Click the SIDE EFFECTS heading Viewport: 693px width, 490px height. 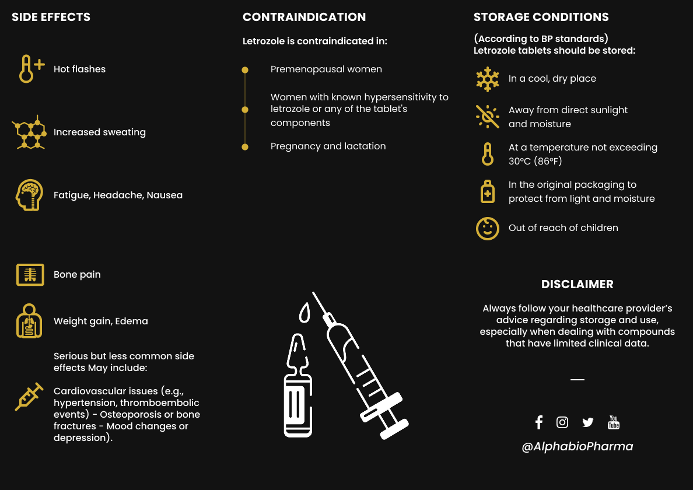[x=51, y=17]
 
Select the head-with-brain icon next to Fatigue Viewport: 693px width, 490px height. [x=29, y=195]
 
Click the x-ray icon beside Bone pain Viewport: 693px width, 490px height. [x=30, y=275]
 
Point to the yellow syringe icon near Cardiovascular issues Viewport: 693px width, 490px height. [x=29, y=397]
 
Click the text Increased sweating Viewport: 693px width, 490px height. [x=100, y=132]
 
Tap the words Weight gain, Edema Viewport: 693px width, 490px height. [x=101, y=321]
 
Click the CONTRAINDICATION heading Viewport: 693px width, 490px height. [x=304, y=17]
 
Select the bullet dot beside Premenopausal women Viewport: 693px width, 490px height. [x=245, y=70]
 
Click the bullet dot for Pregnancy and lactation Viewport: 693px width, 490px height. [x=245, y=147]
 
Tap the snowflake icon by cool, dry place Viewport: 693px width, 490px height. [x=488, y=79]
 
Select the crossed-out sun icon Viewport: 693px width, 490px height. [x=488, y=117]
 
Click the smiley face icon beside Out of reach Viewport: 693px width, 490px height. [x=488, y=228]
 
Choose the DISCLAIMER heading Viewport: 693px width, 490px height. [x=577, y=285]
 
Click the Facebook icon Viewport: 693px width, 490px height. [x=539, y=422]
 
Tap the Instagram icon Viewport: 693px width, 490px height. [x=562, y=422]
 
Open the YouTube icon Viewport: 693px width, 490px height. [x=614, y=422]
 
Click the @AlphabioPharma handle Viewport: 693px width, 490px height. [x=577, y=447]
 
